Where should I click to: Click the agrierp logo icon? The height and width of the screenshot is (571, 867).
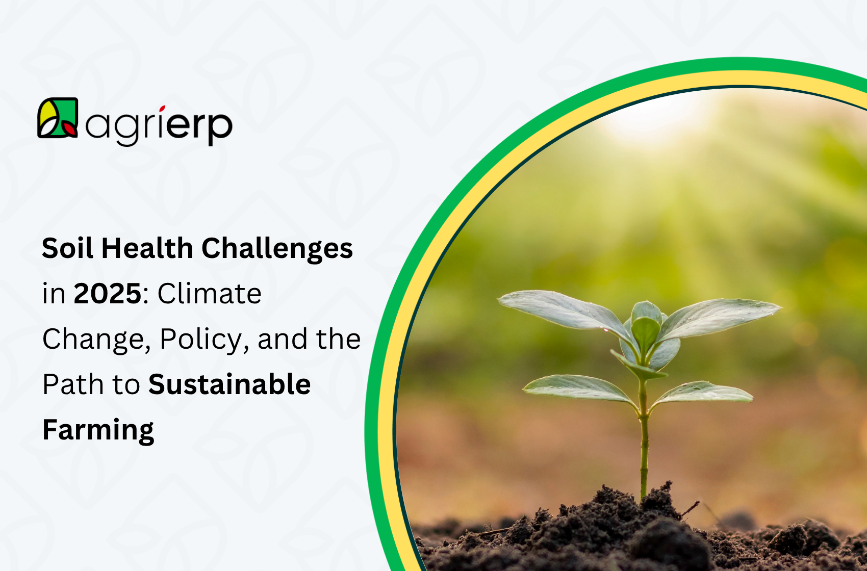point(58,118)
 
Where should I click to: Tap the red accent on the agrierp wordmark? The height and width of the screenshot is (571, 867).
point(162,109)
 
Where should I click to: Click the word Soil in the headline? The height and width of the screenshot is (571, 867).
point(67,249)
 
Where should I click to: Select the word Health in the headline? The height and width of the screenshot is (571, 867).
point(147,249)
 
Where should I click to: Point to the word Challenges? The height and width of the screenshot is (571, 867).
point(277,249)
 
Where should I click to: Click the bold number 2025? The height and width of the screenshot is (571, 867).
point(107,294)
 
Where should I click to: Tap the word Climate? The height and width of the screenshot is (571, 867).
point(209,294)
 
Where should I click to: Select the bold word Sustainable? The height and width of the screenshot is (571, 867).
point(229,384)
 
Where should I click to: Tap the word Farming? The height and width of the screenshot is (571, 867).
point(98,430)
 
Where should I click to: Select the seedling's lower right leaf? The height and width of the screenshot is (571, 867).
point(704,393)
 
